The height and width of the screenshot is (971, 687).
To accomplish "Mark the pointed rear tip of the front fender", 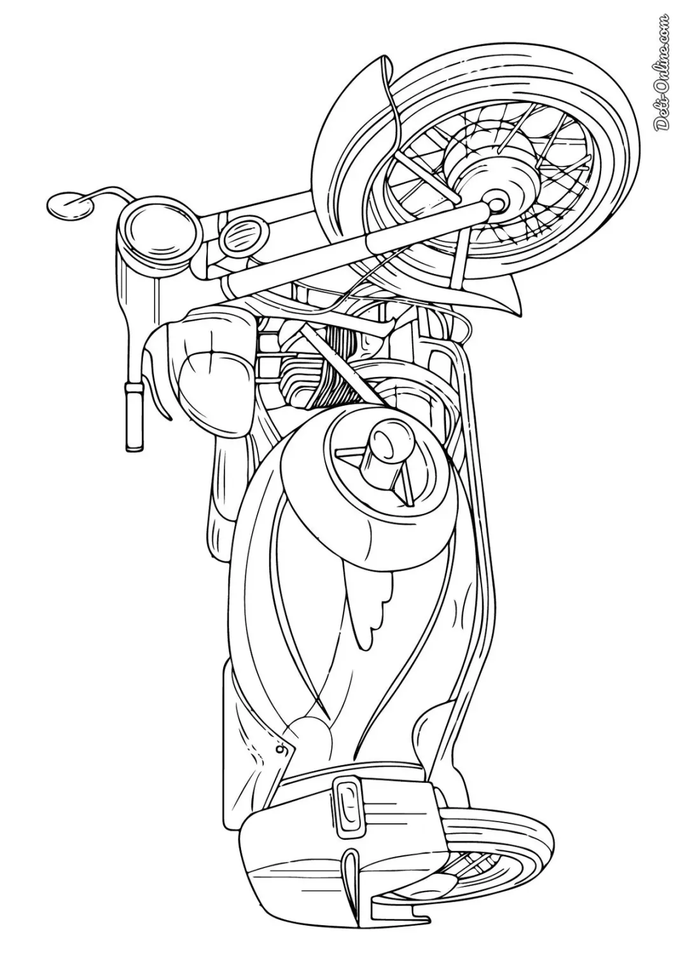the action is tap(518, 313).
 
